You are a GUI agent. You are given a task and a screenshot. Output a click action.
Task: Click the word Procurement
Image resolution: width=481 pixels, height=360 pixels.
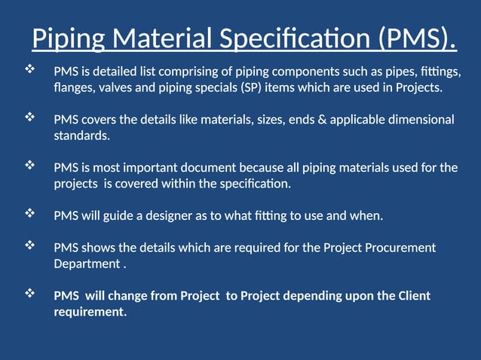(x=397, y=247)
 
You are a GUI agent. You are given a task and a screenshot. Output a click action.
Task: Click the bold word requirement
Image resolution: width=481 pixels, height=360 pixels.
(x=87, y=312)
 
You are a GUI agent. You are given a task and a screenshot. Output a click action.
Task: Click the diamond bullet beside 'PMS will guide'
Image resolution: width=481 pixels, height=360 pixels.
(x=30, y=214)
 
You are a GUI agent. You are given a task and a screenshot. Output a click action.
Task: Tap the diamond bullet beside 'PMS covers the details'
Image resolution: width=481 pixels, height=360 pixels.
(x=30, y=117)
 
